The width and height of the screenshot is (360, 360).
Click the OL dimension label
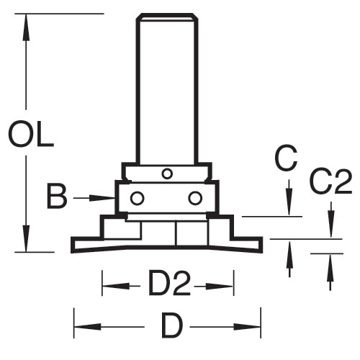click(x=31, y=135)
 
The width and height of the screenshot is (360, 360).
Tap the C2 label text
click(x=331, y=182)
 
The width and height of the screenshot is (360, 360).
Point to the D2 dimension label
click(x=169, y=283)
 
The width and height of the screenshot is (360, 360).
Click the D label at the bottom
click(x=172, y=325)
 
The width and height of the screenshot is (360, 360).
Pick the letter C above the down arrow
click(x=286, y=158)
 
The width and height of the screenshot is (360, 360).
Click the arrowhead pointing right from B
click(x=102, y=198)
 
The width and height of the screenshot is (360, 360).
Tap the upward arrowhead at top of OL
click(x=26, y=27)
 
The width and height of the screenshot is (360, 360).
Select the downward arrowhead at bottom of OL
click(x=26, y=238)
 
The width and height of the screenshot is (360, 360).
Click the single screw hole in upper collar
click(x=167, y=174)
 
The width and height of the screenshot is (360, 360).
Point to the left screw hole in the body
click(x=138, y=198)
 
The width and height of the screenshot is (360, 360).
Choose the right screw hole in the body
click(x=195, y=198)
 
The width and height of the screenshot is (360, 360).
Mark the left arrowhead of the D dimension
click(x=87, y=327)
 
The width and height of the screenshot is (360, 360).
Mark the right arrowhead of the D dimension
click(x=247, y=327)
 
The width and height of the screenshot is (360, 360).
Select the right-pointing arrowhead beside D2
click(x=220, y=286)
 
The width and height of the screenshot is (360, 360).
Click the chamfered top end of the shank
click(x=167, y=17)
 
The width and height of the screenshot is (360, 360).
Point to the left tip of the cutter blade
click(x=71, y=245)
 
